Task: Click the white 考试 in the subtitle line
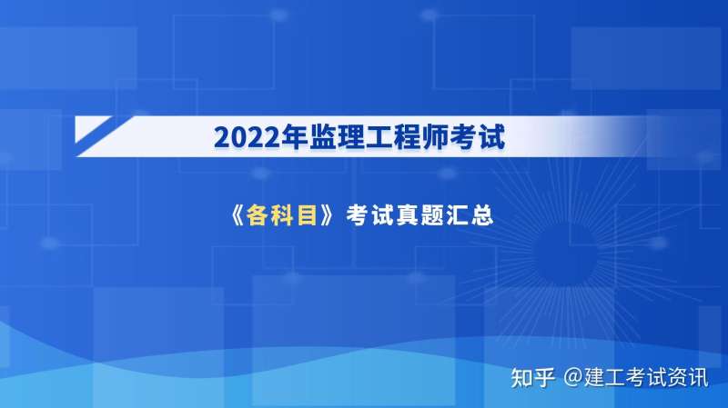coord(372,217)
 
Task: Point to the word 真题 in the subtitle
coord(423,217)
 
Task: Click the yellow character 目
coord(312,217)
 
